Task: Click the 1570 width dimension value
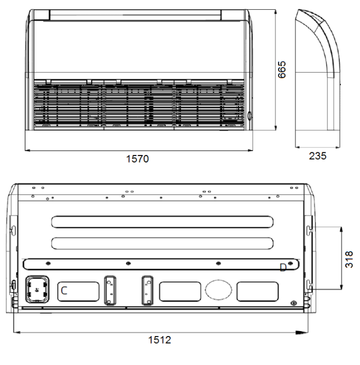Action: pos(137,159)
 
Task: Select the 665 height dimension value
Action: pos(282,70)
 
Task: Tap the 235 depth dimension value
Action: pos(317,156)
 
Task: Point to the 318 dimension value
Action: pos(349,260)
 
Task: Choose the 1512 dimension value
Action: pos(160,340)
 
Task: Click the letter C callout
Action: pos(64,291)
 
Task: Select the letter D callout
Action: pos(283,267)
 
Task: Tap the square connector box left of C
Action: pos(37,289)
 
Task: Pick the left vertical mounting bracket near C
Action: pos(110,290)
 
